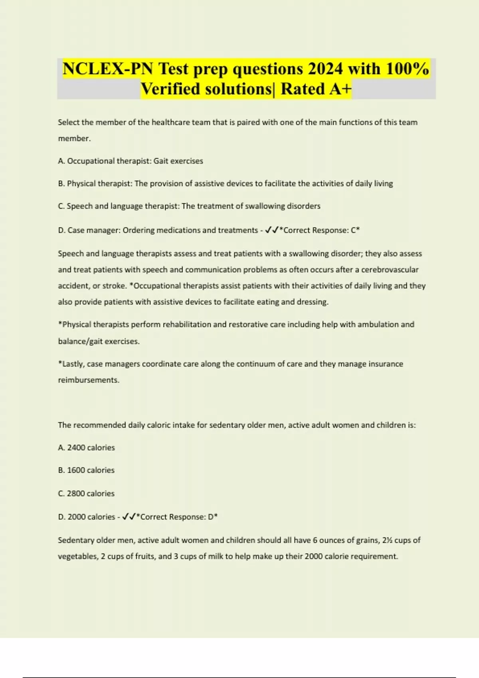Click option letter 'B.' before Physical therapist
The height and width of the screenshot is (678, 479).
(x=61, y=184)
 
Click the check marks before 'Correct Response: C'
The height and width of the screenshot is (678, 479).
(x=271, y=230)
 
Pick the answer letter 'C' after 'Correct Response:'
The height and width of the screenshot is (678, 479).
(x=353, y=230)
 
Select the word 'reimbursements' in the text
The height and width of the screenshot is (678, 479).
(x=88, y=380)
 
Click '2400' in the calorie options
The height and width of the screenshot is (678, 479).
(x=76, y=448)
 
